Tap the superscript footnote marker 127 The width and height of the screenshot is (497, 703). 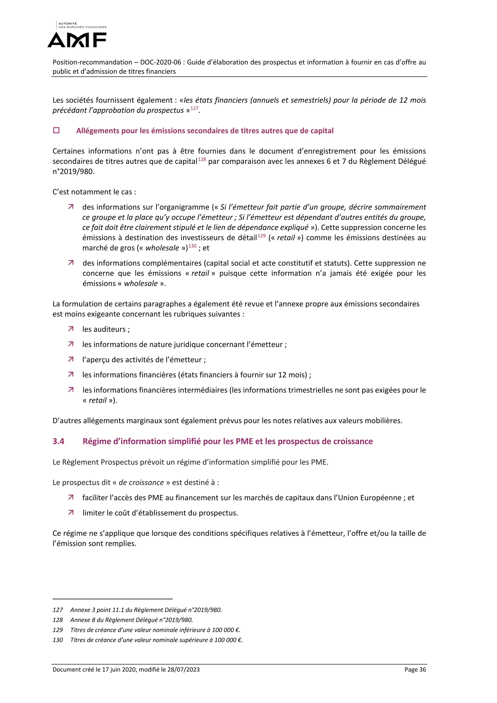[x=194, y=109]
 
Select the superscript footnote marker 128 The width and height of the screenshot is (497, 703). [x=202, y=159]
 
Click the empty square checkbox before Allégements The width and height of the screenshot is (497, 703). [x=56, y=130]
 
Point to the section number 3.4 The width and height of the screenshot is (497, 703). [x=58, y=441]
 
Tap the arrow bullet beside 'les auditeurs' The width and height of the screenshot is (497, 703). [x=71, y=329]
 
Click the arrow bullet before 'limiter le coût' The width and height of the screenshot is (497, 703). [x=71, y=512]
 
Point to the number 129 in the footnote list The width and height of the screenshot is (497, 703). [x=58, y=630]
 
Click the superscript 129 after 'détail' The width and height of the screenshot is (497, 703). [x=261, y=236]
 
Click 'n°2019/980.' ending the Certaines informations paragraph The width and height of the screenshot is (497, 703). [x=74, y=171]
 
